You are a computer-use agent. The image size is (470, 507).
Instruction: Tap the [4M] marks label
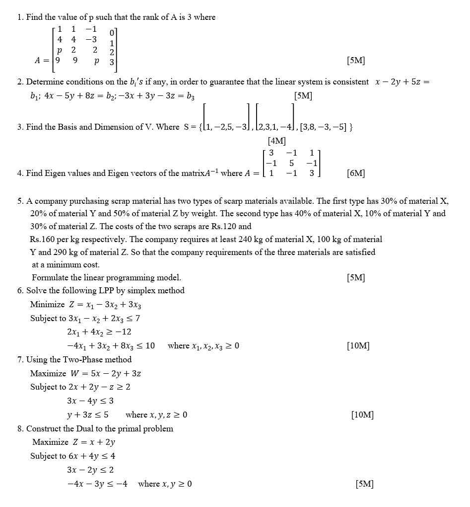[x=276, y=141]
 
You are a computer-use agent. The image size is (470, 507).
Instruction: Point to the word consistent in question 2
[x=350, y=82]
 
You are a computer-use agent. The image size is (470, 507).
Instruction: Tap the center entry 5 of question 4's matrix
[x=292, y=163]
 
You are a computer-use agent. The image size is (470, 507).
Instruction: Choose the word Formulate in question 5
[x=49, y=277]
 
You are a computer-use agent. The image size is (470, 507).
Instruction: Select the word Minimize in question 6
[x=47, y=304]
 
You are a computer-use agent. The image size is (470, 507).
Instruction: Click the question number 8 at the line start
[x=20, y=428]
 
